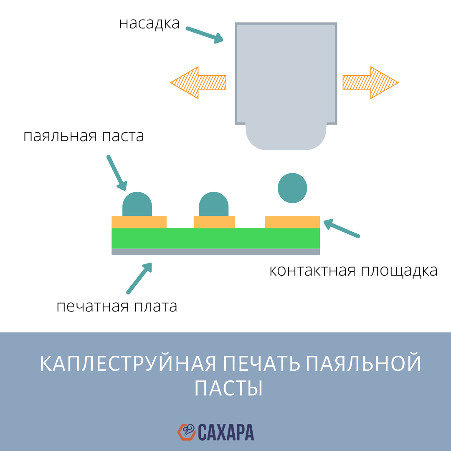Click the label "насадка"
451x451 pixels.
[149, 23]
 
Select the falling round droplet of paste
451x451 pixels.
[292, 188]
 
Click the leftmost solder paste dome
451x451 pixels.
[137, 205]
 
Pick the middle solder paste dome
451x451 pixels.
[213, 205]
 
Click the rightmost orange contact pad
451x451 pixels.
[292, 222]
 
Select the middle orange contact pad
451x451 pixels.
[214, 222]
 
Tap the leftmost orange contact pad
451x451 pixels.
[139, 222]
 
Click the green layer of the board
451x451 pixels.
[215, 238]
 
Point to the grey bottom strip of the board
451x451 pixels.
[215, 252]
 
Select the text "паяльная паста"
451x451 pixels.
[84, 137]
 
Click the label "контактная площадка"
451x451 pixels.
[353, 271]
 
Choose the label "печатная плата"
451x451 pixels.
[117, 307]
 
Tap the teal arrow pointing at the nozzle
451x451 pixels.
[205, 35]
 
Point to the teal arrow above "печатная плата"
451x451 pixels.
[139, 278]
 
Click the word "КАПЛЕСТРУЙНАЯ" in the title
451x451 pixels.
[128, 364]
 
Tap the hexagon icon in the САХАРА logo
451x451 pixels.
[187, 432]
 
